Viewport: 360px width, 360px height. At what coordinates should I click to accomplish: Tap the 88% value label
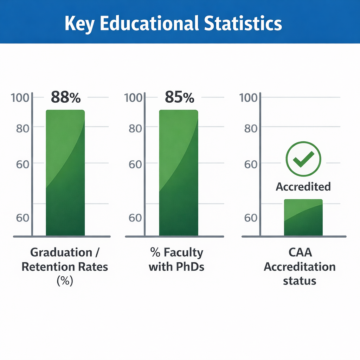[x=66, y=97]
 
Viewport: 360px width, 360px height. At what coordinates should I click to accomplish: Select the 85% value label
[x=179, y=97]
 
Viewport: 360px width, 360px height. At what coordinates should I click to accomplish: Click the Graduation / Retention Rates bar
[x=65, y=172]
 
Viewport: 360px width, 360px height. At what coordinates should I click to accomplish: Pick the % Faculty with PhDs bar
[x=179, y=172]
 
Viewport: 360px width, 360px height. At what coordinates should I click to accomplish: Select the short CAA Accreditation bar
[x=303, y=217]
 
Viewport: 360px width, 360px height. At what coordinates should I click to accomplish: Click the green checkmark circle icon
[x=303, y=159]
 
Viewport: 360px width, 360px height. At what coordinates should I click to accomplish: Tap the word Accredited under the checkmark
[x=303, y=186]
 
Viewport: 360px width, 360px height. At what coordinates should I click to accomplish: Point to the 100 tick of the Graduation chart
[x=20, y=97]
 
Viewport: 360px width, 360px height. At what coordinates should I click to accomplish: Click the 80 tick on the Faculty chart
[x=135, y=128]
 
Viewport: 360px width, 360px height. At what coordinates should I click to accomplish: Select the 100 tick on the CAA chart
[x=248, y=97]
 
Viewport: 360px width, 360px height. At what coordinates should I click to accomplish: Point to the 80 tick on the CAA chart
[x=251, y=128]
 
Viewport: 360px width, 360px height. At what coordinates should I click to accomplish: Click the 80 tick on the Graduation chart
[x=22, y=128]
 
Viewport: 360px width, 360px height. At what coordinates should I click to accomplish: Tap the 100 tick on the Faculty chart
[x=133, y=97]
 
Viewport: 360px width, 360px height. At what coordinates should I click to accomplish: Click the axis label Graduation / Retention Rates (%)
[x=65, y=266]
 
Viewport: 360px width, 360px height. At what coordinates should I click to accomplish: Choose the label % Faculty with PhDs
[x=176, y=259]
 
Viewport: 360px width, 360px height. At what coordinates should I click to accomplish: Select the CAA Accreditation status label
[x=300, y=266]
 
